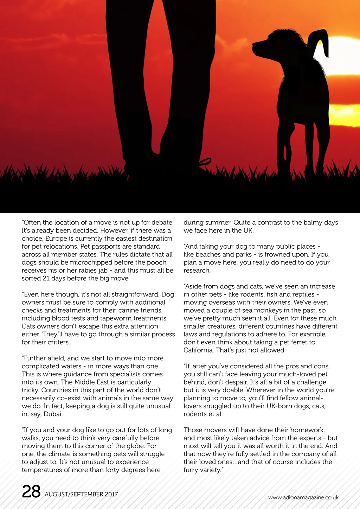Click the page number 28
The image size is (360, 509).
31,491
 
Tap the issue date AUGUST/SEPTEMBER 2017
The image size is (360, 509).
81,494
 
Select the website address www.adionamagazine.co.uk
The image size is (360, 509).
303,497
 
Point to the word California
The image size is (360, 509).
198,350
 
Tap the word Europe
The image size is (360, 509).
56,238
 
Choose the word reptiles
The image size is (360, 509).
302,294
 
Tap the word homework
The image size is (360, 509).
306,430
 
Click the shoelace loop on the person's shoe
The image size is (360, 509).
205,161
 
